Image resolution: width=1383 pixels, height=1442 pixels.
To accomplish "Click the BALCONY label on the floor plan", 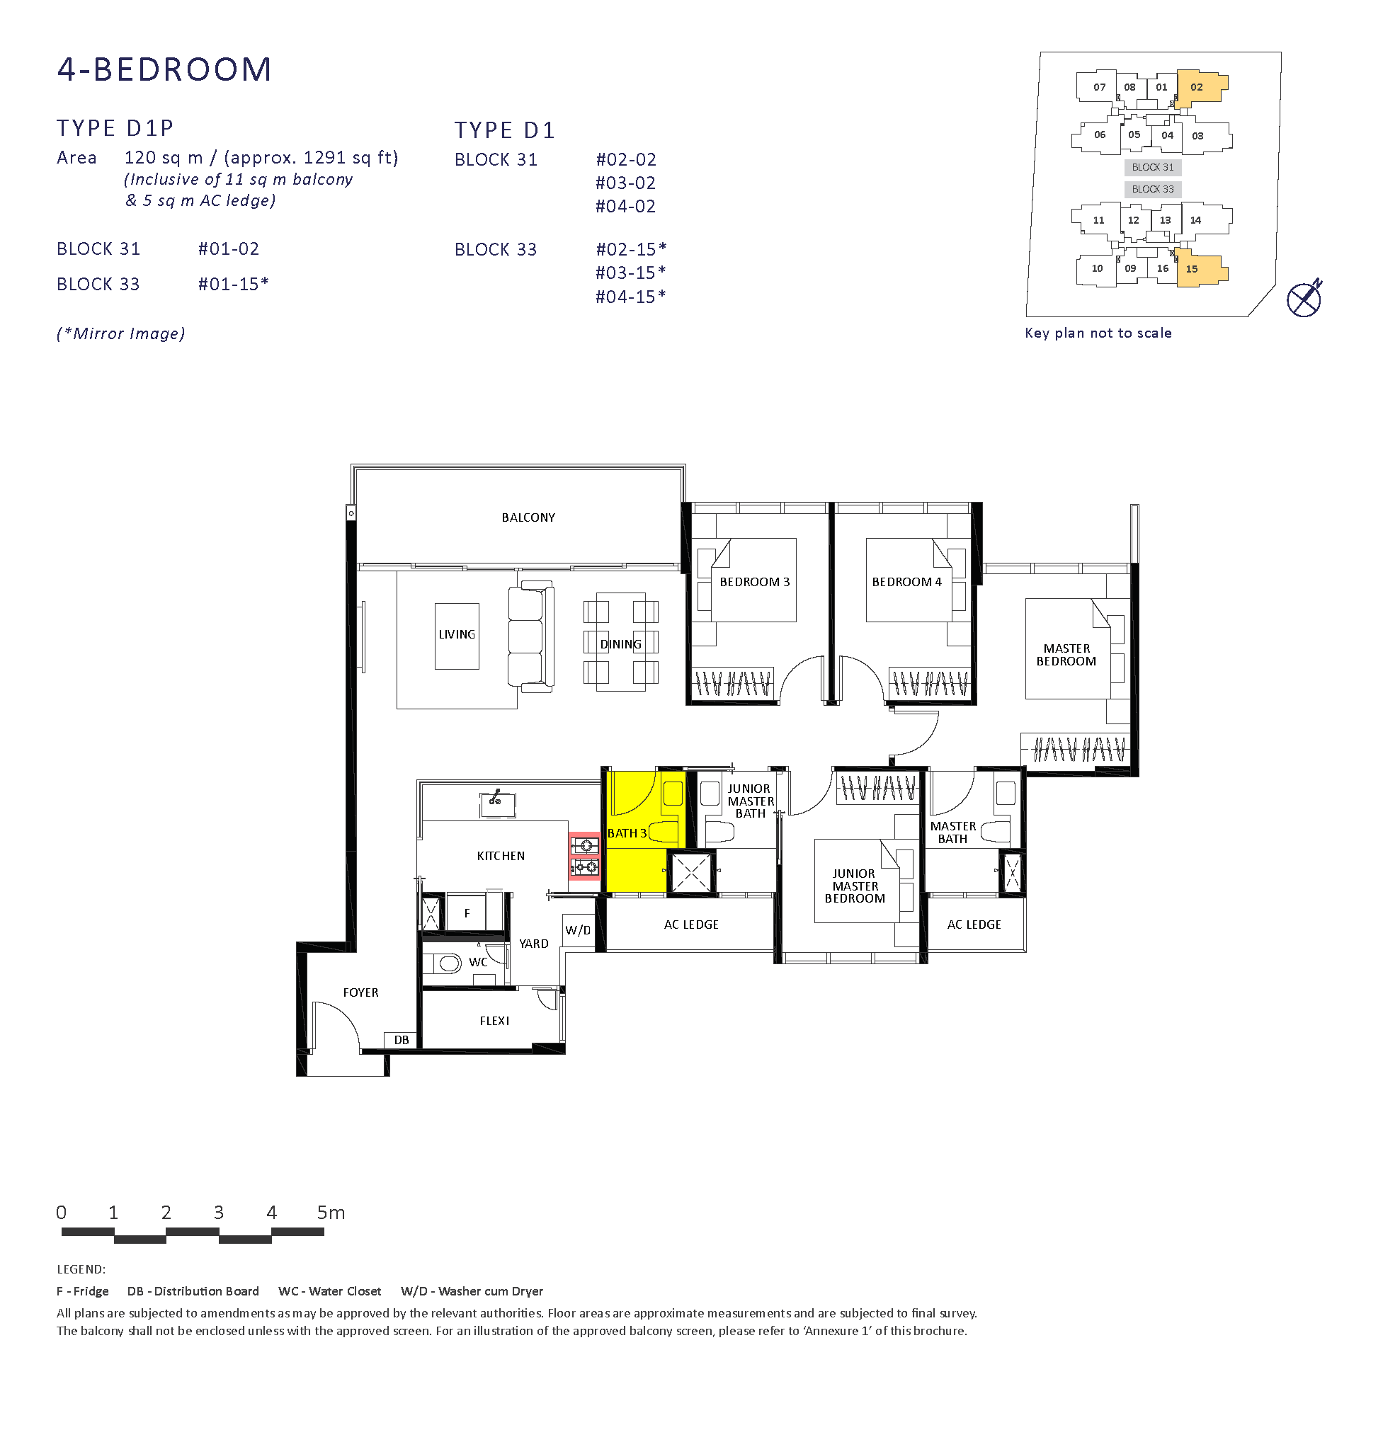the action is pos(528,517).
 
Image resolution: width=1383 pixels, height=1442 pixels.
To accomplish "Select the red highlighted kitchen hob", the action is pos(584,857).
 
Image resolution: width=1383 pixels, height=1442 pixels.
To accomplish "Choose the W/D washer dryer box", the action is pos(579,931).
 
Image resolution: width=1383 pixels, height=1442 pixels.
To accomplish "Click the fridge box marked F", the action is pos(466,913).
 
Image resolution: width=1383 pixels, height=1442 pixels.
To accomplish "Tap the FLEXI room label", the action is pos(494,1020).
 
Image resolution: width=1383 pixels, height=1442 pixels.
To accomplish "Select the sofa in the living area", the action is pos(530,636).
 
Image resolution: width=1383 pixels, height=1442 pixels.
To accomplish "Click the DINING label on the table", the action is pos(620,643).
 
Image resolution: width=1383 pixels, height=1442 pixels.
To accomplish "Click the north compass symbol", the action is pos(1304,299).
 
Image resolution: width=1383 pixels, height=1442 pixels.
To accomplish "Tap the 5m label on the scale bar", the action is pos(331,1213).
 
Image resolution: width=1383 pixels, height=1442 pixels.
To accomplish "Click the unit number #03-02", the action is pos(625,183).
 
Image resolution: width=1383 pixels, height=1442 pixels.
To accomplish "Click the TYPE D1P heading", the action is pos(115,128).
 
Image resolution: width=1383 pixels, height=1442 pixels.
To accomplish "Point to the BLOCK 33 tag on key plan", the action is pos(1153,189).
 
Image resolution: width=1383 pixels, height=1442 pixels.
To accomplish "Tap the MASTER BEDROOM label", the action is pos(1066,655).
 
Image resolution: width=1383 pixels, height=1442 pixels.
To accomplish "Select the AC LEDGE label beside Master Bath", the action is pos(974,925).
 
